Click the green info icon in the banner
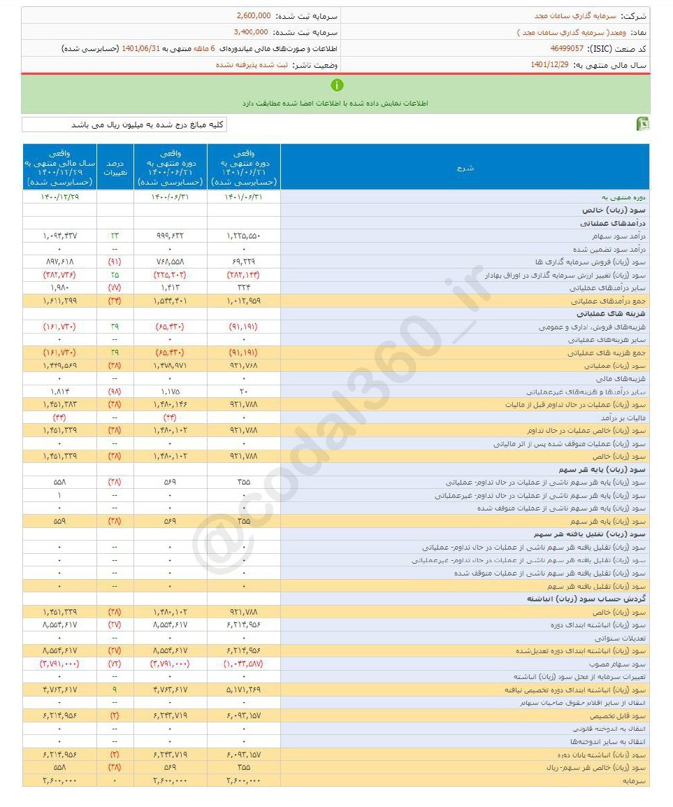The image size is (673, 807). pos(337,85)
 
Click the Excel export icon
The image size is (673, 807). pos(642,124)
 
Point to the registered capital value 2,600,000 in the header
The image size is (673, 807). pos(254,15)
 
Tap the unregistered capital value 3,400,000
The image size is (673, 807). pos(250,31)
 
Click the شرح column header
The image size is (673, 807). pos(465,168)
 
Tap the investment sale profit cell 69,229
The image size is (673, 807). pos(244,262)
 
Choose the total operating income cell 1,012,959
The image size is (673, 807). pos(244,301)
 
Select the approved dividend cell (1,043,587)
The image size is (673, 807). pos(244,664)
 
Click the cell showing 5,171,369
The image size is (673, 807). pos(244,690)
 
